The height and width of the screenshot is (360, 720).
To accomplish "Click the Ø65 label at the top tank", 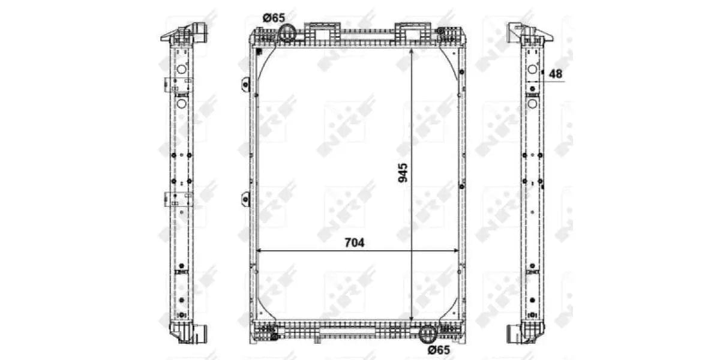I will pyautogui.click(x=274, y=18).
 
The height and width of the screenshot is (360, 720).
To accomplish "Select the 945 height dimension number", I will pyautogui.click(x=403, y=172).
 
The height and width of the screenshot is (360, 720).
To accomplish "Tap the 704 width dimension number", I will pyautogui.click(x=354, y=242).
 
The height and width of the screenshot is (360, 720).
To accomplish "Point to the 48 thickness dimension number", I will pyautogui.click(x=556, y=74).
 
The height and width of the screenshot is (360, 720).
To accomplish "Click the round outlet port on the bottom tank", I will pyautogui.click(x=427, y=334).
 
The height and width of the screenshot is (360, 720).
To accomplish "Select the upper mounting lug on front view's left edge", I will pyautogui.click(x=245, y=84).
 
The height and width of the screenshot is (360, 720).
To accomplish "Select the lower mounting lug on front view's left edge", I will pyautogui.click(x=245, y=199).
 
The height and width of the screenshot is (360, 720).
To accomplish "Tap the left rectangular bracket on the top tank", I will pyautogui.click(x=323, y=31).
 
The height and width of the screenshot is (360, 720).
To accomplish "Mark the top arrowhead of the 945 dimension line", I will pyautogui.click(x=412, y=50).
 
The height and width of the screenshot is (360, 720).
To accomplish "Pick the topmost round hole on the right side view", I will pyautogui.click(x=532, y=69).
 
